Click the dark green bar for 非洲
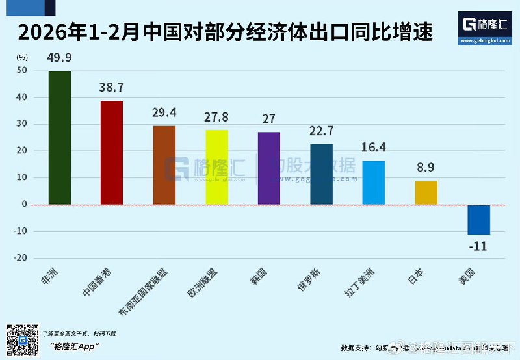(x=60, y=137)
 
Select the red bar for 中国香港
(x=112, y=152)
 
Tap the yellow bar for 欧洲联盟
(x=216, y=167)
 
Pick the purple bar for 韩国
(x=269, y=168)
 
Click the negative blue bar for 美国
(x=478, y=219)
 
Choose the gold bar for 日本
(x=426, y=192)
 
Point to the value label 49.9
(x=59, y=58)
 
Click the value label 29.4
(x=164, y=112)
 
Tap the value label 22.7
(x=321, y=131)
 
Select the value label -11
(x=478, y=246)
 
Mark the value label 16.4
(x=374, y=148)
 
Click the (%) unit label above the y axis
(x=21, y=57)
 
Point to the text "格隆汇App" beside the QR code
(x=73, y=347)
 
